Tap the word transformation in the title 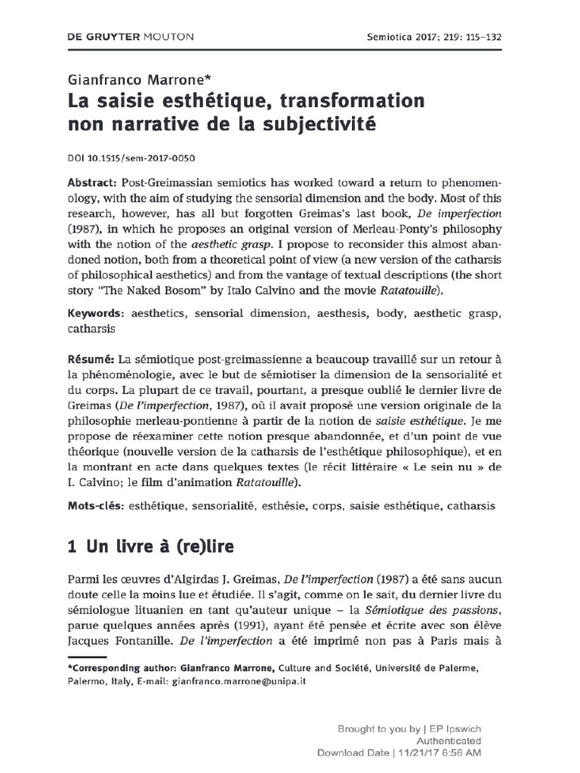point(346,101)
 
